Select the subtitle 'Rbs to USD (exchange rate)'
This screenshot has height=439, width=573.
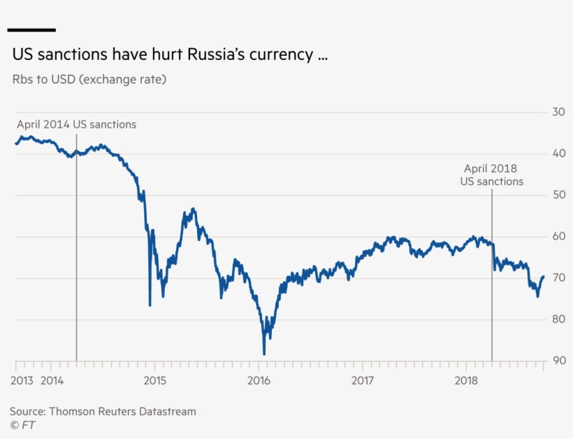tap(89, 80)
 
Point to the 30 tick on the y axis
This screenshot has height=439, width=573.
tap(558, 112)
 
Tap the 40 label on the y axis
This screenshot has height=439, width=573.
tap(558, 154)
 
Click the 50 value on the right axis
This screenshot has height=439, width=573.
tap(558, 195)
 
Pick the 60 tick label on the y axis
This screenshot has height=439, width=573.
tap(558, 237)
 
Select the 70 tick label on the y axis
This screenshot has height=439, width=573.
tap(558, 278)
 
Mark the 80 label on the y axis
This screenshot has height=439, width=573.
tap(558, 320)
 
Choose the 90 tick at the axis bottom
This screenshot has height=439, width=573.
tap(558, 361)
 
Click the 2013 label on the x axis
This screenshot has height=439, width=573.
tap(22, 380)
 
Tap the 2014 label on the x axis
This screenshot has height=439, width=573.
tap(52, 380)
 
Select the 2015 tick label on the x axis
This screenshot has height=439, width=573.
tap(154, 380)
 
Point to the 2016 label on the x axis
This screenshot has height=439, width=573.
tap(259, 380)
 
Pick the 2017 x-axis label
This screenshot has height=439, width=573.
tap(363, 380)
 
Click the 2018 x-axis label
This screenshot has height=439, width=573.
tap(466, 380)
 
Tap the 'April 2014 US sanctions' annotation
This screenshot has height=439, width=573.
tap(76, 124)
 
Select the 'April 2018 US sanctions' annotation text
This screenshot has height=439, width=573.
tap(491, 174)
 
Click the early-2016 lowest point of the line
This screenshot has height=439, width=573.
tap(264, 354)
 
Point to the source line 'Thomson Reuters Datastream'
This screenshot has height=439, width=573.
tap(103, 412)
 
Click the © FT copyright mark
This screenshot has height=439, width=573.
tap(23, 424)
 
